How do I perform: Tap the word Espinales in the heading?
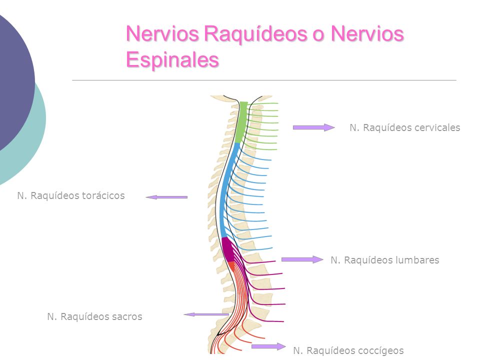pos(172,59)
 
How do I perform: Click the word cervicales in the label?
pos(437,127)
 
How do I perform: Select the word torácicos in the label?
pos(100,195)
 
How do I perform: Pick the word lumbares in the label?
pos(416,260)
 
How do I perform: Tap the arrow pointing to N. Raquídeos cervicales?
pos(313,127)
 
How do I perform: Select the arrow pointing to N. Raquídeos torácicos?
pos(166,197)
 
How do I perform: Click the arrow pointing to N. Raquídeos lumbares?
pos(302,259)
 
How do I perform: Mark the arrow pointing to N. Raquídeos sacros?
pos(206,314)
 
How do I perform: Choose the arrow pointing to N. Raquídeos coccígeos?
pos(268,346)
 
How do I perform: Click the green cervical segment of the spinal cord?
pos(240,122)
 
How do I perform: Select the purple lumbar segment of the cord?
pos(228,249)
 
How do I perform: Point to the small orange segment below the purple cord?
pos(231,265)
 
